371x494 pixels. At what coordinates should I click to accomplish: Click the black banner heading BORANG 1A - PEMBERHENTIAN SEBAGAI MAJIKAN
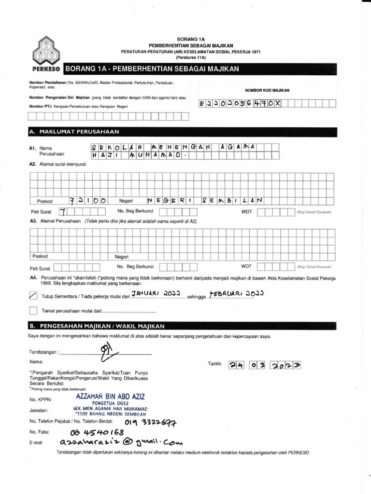[152, 69]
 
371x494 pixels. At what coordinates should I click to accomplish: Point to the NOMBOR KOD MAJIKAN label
[270, 90]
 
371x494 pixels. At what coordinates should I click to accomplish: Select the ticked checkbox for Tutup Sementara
[33, 295]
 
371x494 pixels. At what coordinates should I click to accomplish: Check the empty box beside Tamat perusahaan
[33, 310]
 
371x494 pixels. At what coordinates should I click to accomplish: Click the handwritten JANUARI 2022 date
[156, 293]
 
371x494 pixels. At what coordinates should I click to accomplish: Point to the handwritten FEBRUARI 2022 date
[236, 293]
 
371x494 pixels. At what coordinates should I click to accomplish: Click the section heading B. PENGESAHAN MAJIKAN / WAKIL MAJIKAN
[97, 326]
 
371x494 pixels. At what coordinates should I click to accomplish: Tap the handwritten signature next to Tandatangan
[105, 352]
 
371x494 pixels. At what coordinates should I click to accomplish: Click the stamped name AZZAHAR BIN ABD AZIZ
[110, 396]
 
